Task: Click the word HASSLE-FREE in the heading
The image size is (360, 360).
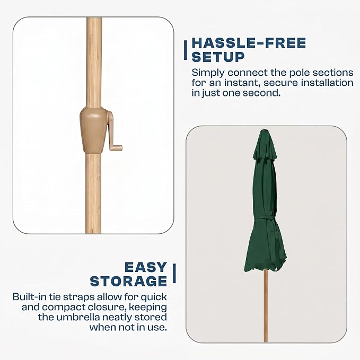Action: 249,43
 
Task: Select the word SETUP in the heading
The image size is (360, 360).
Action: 218,57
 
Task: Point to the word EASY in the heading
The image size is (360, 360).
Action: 146,267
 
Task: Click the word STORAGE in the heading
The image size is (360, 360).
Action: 128,281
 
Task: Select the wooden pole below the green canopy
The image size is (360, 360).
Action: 266,305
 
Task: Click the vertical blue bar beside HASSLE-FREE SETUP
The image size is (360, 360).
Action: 185,50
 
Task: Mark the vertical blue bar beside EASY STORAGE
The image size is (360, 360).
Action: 174,273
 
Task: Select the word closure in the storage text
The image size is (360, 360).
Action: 108,307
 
